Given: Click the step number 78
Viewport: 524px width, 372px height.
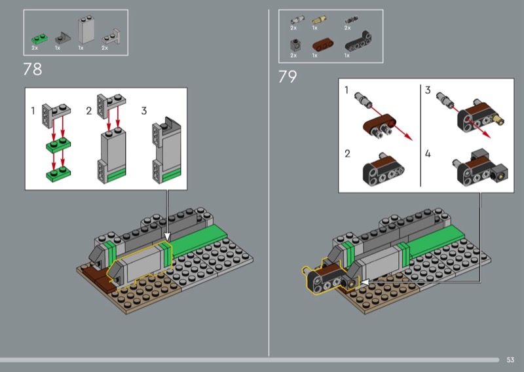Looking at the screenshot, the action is pos(33,69).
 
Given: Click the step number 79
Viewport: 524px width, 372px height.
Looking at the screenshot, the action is pos(288,77).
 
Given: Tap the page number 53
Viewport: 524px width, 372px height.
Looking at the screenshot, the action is pos(510,360).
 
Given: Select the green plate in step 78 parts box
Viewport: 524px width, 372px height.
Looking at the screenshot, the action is pos(40,39).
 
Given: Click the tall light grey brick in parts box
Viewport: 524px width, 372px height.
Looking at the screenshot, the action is pos(86,29).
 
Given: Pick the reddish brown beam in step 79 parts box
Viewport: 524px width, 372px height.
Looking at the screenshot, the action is pos(323,45).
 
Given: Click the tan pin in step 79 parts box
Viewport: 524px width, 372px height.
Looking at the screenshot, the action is pos(319,20).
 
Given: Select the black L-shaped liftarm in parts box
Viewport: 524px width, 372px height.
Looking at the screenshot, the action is pos(358,42).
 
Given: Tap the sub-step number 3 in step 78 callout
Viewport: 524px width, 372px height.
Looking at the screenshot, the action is pos(144,111).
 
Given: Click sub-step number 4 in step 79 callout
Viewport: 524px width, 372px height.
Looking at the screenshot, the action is pos(428,153).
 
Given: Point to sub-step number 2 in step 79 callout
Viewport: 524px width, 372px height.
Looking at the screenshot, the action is pos(348,153).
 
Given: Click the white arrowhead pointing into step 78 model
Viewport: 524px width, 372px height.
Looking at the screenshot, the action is pos(167,237).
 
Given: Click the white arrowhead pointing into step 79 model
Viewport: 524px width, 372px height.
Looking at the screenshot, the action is pos(364,282).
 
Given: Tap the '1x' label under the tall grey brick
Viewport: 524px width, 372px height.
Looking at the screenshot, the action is pos(81,48).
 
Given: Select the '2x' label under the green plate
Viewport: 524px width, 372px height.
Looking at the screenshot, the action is pos(35,48).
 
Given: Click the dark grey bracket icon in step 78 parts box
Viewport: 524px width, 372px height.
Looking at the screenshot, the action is pos(62,38).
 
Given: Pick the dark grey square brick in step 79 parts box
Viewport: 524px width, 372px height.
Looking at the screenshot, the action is pos(295,45).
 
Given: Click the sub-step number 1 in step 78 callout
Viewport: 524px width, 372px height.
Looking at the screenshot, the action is pos(33,111).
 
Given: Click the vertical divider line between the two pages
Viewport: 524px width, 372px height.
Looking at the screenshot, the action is pos(269,183).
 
